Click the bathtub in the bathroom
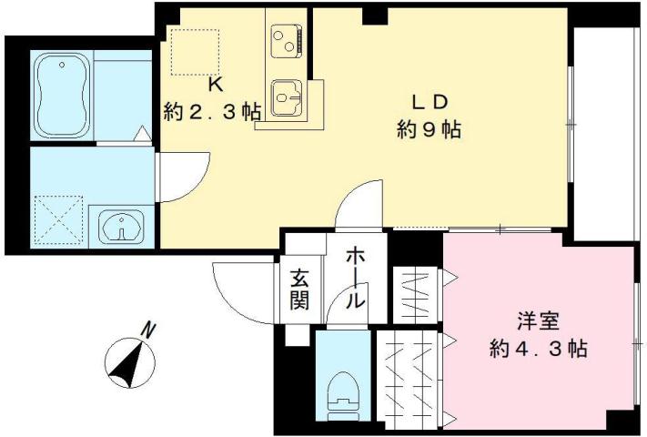click(60, 95)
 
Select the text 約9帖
click(428, 129)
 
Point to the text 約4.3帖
click(537, 349)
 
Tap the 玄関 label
click(300, 289)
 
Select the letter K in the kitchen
click(216, 86)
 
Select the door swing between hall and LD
click(364, 205)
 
